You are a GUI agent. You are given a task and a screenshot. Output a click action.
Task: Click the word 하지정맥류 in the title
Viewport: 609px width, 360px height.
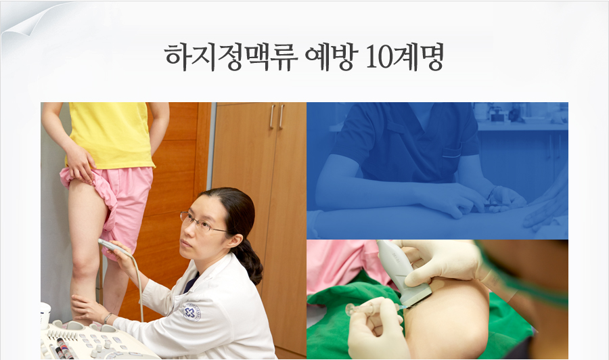pyautogui.click(x=231, y=58)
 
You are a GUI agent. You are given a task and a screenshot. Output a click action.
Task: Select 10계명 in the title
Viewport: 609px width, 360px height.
pyautogui.click(x=405, y=58)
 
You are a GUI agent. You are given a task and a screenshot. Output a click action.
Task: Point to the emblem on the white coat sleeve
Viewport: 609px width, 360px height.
pyautogui.click(x=192, y=312)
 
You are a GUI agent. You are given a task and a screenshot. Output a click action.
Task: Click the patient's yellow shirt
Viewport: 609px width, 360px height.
pyautogui.click(x=112, y=135)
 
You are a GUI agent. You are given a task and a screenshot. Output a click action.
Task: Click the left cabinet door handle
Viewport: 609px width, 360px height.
pyautogui.click(x=271, y=116)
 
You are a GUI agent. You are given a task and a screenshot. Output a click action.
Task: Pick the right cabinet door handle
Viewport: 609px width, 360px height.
pyautogui.click(x=281, y=116)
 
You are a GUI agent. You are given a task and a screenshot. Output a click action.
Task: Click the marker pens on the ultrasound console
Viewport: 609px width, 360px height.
pyautogui.click(x=64, y=348)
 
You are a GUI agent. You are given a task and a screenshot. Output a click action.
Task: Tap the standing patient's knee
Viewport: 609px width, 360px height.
pyautogui.click(x=83, y=263)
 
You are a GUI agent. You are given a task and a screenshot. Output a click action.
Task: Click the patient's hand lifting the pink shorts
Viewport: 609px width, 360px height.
pyautogui.click(x=81, y=164)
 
